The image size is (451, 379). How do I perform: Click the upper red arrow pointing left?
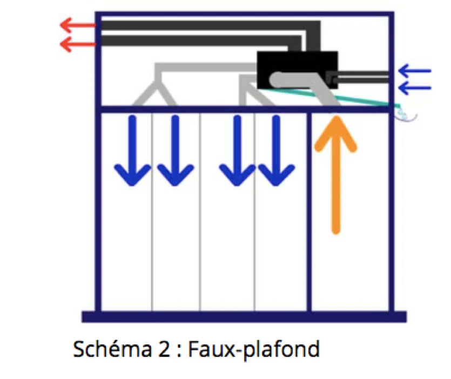coord(78,25)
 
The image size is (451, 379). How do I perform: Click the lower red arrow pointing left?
coord(78,44)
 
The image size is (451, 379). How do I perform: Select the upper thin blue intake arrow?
coord(415,71)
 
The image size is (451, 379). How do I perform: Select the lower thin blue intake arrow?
coord(415,87)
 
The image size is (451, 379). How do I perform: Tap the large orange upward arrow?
coord(335,175)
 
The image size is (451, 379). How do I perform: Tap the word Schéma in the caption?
coord(112,349)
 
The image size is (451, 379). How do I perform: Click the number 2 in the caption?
coord(164,350)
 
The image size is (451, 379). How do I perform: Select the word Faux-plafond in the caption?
coord(254,350)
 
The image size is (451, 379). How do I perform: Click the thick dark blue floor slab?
coord(244,316)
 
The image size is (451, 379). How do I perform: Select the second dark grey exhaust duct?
coord(201,40)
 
